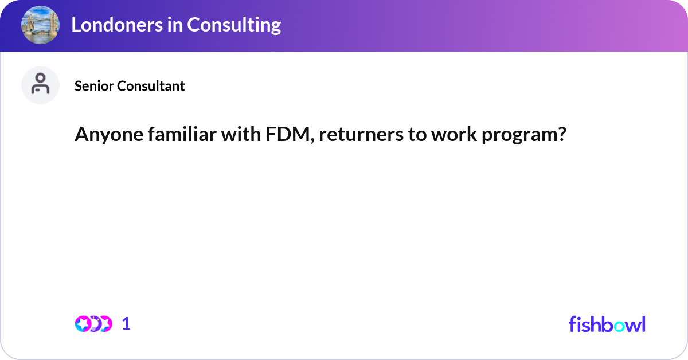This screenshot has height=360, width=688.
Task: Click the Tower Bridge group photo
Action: point(40,25)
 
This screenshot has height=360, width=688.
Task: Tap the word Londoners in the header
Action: point(117,25)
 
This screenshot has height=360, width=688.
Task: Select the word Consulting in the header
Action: point(234,25)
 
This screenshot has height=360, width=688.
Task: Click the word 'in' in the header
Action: point(175,25)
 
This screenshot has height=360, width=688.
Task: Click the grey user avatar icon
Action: point(40,85)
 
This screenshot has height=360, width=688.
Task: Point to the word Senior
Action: point(94,86)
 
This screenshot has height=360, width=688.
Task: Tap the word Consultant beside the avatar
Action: point(151,86)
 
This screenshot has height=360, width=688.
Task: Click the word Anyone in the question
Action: point(109,135)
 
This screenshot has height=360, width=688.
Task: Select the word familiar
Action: point(182,134)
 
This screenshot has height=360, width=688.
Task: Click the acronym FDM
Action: point(290,135)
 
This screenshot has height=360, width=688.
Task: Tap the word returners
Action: point(361,135)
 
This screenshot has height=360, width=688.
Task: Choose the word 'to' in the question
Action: point(417,135)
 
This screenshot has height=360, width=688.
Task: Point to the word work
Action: point(454,134)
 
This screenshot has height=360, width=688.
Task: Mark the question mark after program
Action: point(561,134)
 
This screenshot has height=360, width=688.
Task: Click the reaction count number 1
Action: point(126,324)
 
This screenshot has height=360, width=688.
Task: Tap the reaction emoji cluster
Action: point(93,324)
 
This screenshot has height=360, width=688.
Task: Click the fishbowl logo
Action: point(607,324)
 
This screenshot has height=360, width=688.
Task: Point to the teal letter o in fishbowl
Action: point(619,326)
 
